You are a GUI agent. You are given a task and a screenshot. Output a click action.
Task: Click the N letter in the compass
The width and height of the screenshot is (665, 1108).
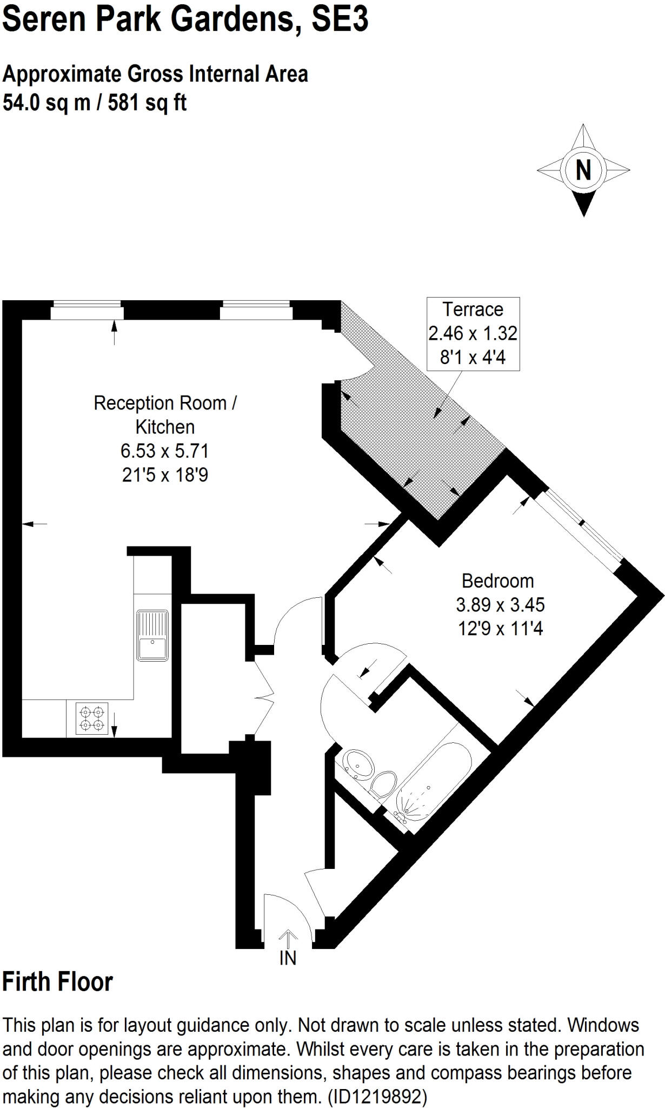[583, 170]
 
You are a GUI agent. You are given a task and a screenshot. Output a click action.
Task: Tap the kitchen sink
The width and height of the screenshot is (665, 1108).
[152, 635]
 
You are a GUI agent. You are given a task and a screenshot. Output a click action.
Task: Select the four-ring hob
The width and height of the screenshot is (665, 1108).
[92, 718]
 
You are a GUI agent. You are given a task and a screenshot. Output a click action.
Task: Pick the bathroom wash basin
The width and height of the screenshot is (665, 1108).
[357, 763]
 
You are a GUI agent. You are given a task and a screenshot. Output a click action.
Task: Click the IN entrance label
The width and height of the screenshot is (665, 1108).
[288, 958]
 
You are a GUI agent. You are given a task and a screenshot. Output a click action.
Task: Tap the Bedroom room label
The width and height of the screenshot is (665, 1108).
[497, 581]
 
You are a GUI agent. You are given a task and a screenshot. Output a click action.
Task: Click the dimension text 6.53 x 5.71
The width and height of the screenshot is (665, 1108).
[164, 451]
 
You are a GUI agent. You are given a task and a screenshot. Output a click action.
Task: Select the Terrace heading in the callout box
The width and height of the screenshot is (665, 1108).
[473, 309]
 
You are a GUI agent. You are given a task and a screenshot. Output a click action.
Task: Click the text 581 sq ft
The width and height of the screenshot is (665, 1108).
[147, 102]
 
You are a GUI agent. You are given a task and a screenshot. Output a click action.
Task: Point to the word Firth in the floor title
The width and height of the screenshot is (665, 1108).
[26, 982]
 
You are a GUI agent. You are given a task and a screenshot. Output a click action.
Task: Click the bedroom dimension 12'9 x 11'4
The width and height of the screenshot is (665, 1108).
[500, 629]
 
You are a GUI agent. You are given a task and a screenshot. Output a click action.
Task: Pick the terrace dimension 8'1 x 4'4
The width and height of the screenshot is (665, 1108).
[473, 357]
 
